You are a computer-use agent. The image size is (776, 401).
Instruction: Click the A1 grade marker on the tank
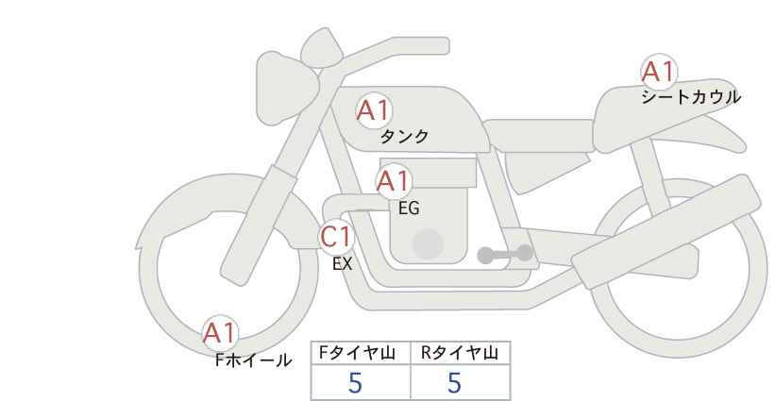click(374, 110)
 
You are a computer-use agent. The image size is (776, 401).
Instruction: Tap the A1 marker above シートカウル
click(659, 71)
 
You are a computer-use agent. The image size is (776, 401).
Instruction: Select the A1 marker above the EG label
click(394, 181)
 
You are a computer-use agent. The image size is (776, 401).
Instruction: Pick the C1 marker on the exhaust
click(336, 237)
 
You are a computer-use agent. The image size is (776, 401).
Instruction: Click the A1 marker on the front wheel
click(220, 333)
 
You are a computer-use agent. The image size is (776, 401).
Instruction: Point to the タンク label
click(404, 137)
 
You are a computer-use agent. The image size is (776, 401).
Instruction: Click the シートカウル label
click(691, 96)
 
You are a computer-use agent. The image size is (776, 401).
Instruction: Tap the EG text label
click(409, 209)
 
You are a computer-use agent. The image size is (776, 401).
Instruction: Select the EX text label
click(342, 264)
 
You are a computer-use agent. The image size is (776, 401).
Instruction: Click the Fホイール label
click(253, 360)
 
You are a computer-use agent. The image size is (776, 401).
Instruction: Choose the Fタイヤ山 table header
click(357, 353)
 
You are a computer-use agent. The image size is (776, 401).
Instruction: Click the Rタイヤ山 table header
click(460, 353)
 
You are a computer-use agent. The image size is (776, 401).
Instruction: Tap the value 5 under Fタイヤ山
click(355, 382)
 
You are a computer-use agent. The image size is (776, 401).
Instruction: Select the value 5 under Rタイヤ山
click(454, 382)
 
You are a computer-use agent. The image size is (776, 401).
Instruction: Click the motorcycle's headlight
click(285, 89)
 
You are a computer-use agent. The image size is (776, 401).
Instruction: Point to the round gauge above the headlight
click(322, 48)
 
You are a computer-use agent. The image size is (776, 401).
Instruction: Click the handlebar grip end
click(435, 46)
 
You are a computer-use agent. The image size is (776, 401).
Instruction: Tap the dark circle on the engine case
click(428, 243)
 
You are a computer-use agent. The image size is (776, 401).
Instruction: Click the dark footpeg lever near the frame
click(505, 254)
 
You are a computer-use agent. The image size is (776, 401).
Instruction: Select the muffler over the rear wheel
click(666, 231)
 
